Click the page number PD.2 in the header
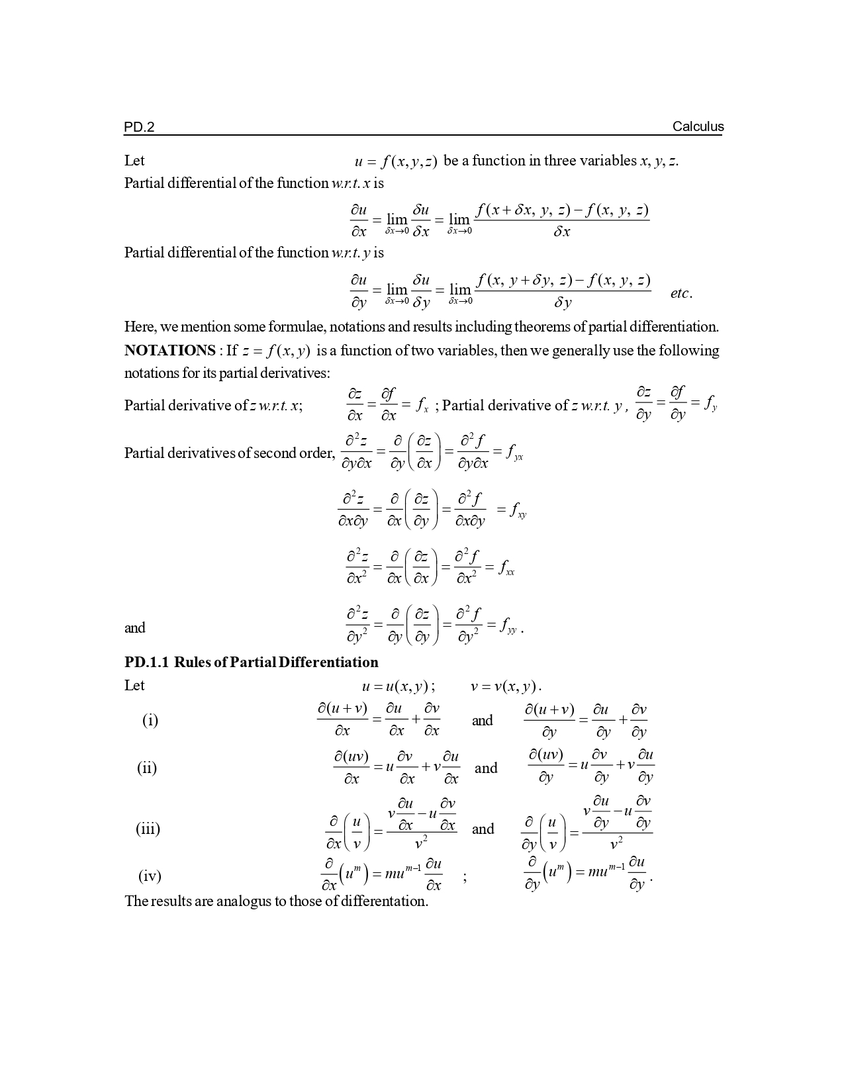coord(139,127)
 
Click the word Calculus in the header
coord(698,126)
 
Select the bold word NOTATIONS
coord(169,350)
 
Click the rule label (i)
coord(150,720)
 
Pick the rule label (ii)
coord(147,768)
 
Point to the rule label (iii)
coord(148,829)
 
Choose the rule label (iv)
coord(150,876)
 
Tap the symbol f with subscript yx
coord(514,453)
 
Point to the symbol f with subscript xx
coord(506,568)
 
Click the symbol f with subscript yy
coord(508,625)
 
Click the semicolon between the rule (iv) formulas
coord(465,878)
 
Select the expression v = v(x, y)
coord(506,686)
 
